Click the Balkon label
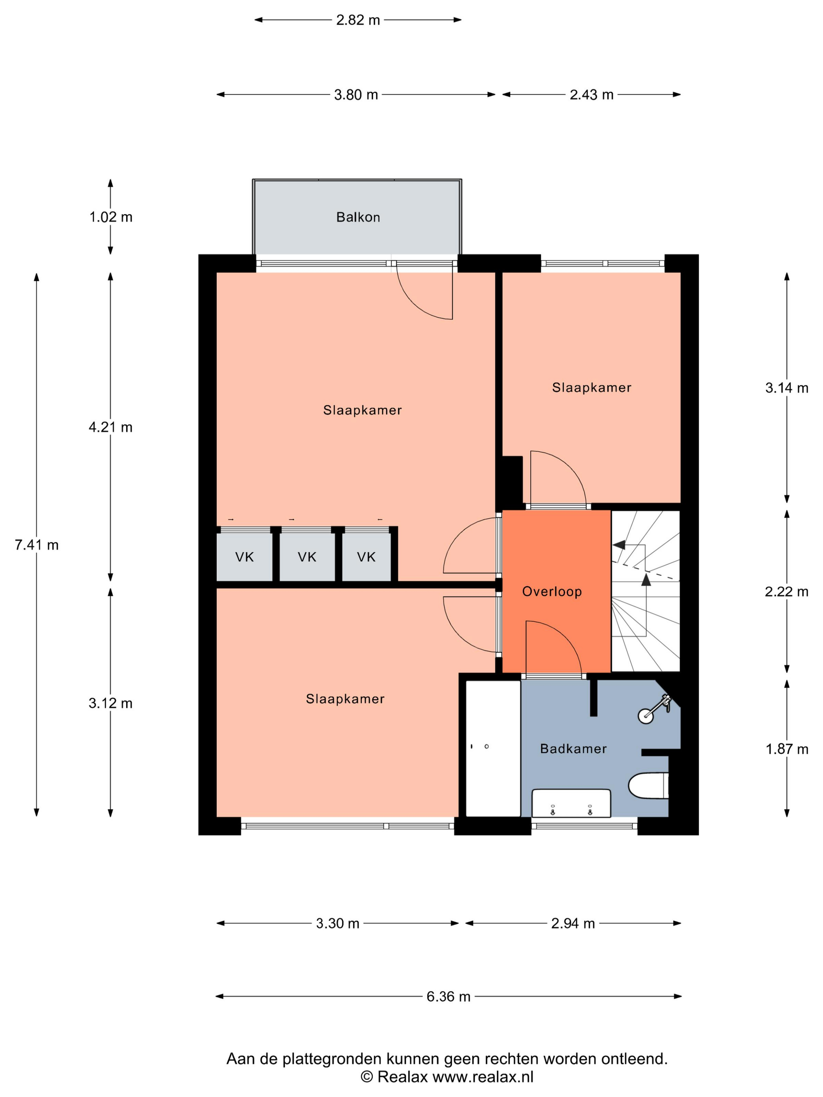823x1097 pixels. [358, 217]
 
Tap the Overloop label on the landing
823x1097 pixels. [552, 591]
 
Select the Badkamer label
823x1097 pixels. [573, 748]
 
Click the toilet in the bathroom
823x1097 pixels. [648, 786]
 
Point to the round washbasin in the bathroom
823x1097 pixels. [645, 716]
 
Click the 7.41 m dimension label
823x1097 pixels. [37, 545]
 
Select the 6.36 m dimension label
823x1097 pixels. [448, 996]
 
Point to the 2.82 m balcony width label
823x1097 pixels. [358, 20]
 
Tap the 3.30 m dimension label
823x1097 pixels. [337, 923]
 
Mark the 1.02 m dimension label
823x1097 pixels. [111, 217]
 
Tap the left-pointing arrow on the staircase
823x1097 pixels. [619, 545]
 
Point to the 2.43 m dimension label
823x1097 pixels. [591, 95]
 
